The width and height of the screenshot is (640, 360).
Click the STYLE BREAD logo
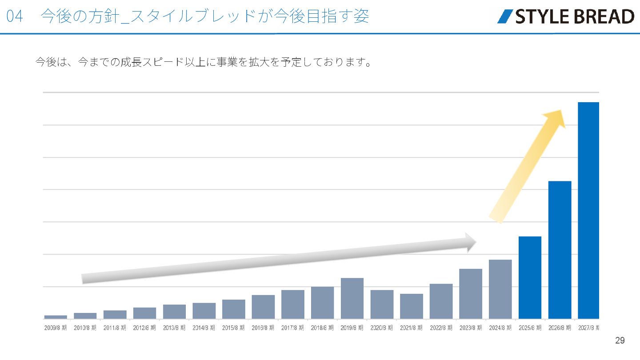(566, 16)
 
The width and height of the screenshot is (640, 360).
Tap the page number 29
(620, 341)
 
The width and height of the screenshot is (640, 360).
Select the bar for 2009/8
(56, 317)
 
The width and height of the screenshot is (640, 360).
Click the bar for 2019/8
(352, 298)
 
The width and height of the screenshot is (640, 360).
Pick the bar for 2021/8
(411, 306)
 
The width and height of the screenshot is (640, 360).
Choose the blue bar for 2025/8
(530, 277)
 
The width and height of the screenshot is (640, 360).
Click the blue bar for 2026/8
(560, 250)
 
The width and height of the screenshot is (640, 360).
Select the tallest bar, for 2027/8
(588, 210)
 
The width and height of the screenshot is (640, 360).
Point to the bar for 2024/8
(500, 289)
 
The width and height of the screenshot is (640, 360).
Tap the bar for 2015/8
(233, 309)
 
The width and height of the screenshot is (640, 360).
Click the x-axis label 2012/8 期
(144, 328)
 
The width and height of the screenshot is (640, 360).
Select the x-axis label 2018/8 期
(322, 328)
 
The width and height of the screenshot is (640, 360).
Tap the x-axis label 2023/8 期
(471, 328)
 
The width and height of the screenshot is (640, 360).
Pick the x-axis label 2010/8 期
(85, 328)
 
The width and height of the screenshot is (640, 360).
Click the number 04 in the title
(15, 16)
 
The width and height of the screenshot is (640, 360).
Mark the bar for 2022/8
(441, 301)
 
